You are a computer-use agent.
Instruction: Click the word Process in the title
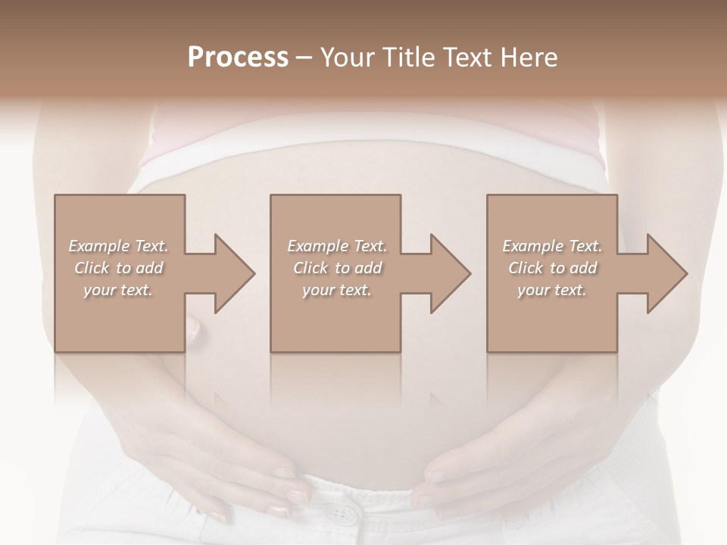point(238,58)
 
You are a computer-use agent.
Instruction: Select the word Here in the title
point(529,58)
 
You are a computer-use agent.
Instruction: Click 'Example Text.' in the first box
point(119,246)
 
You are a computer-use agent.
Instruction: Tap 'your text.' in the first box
point(119,291)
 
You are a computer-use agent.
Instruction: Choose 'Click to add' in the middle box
point(337,268)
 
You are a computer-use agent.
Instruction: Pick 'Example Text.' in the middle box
point(337,246)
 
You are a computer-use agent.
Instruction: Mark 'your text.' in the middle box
point(337,291)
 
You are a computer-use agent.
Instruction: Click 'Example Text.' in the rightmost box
point(552,246)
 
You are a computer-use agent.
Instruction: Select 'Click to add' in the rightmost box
point(552,268)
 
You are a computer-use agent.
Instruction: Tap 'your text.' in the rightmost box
point(552,291)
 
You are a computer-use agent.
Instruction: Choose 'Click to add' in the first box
point(119,268)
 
